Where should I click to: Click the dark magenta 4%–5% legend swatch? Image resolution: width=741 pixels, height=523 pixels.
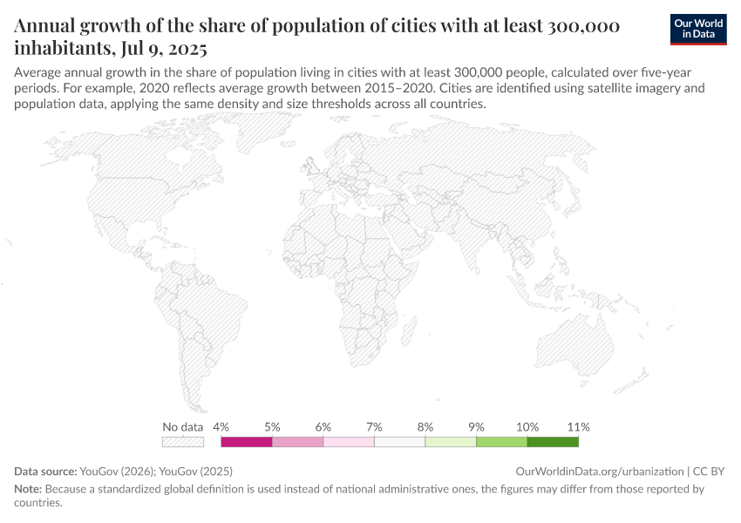247,442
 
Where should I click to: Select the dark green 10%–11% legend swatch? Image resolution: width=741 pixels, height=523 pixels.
553,442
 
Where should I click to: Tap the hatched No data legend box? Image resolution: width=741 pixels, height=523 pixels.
183,442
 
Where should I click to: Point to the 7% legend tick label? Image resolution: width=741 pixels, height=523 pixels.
374,427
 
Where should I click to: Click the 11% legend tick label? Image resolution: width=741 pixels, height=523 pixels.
579,427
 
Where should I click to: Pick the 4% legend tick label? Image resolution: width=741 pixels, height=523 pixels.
221,427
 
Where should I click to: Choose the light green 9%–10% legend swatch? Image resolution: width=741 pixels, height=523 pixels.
502,442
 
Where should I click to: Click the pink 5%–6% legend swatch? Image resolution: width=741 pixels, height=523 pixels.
297,442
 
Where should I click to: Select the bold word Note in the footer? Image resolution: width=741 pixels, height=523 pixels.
28,489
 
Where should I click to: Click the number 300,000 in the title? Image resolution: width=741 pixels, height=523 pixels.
583,25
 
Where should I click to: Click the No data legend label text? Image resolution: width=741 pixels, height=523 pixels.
183,427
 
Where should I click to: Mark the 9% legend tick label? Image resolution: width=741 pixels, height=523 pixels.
476,427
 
